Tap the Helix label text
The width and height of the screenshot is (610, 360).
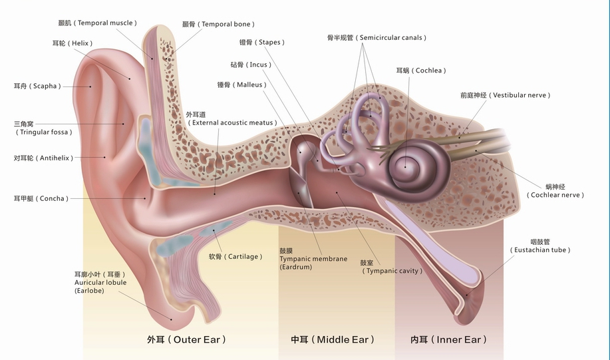click(73, 43)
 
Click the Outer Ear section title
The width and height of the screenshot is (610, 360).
click(187, 339)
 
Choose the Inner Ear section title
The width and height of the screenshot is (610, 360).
click(448, 339)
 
